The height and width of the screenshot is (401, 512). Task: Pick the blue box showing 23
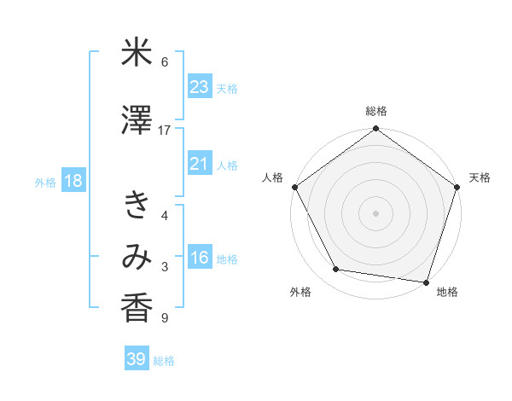pos(200,87)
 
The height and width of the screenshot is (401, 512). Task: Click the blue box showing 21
pos(200,165)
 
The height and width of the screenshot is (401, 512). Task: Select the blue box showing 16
pos(200,259)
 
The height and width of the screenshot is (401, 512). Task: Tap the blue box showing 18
pos(73,182)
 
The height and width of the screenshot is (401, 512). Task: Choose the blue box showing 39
pos(137,359)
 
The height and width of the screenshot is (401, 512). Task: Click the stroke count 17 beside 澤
pos(165,131)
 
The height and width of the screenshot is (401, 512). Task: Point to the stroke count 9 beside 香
pos(165,318)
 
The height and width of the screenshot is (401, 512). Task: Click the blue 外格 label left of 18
pos(45,183)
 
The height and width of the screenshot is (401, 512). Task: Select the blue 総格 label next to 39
pos(165,360)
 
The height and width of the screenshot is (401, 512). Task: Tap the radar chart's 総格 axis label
pos(375,111)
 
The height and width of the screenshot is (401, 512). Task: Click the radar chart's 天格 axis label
pos(480,177)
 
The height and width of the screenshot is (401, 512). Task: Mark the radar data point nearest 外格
pos(336,270)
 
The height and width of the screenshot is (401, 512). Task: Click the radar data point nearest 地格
pos(427,282)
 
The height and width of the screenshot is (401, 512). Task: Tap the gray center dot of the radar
pos(375,212)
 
